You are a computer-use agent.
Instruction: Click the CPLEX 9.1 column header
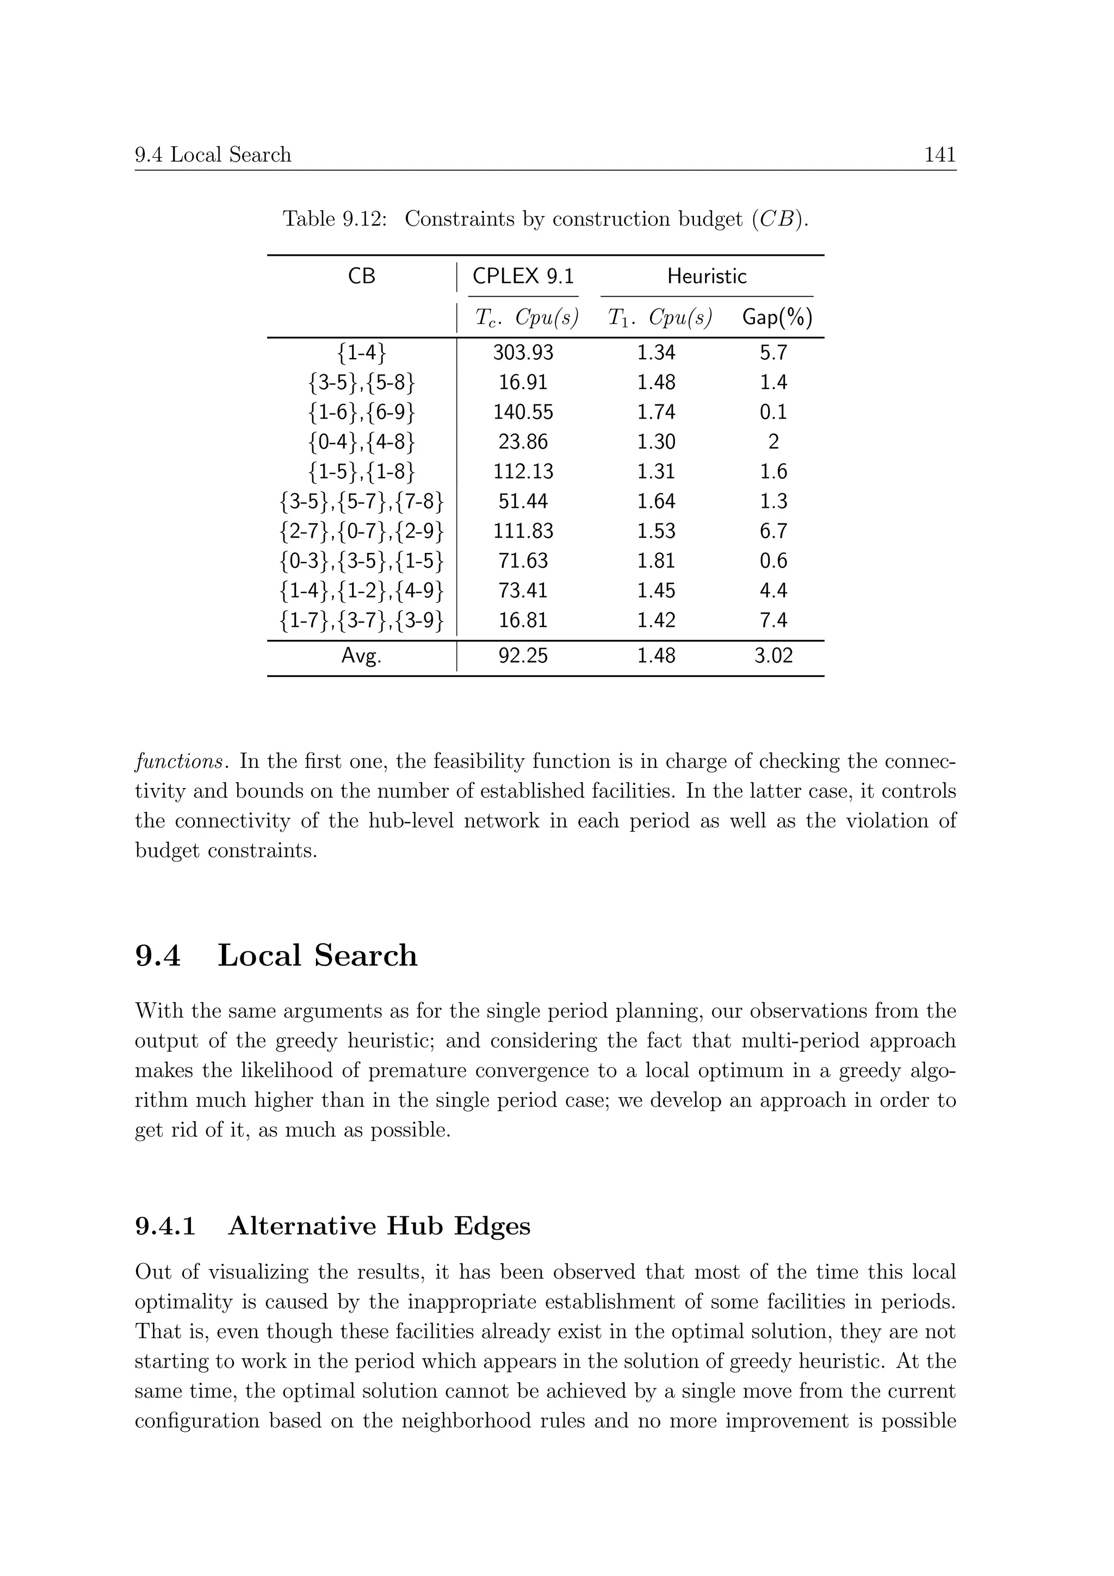(523, 276)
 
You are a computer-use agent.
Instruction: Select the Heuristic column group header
(707, 276)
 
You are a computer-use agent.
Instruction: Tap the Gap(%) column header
(777, 317)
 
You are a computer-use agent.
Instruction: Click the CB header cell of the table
(362, 276)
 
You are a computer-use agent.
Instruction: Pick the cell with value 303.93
(523, 353)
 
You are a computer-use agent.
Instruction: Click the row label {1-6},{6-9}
(362, 413)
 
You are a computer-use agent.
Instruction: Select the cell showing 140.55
(523, 413)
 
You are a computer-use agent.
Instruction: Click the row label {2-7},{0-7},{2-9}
(362, 531)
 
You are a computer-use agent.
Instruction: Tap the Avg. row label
(362, 656)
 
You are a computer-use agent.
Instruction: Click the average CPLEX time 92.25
(523, 656)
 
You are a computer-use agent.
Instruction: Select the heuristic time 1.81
(656, 561)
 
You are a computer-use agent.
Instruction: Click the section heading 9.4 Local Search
(276, 956)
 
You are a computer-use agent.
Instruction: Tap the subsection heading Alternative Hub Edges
(379, 1226)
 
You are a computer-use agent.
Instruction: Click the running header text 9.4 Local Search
(213, 155)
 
